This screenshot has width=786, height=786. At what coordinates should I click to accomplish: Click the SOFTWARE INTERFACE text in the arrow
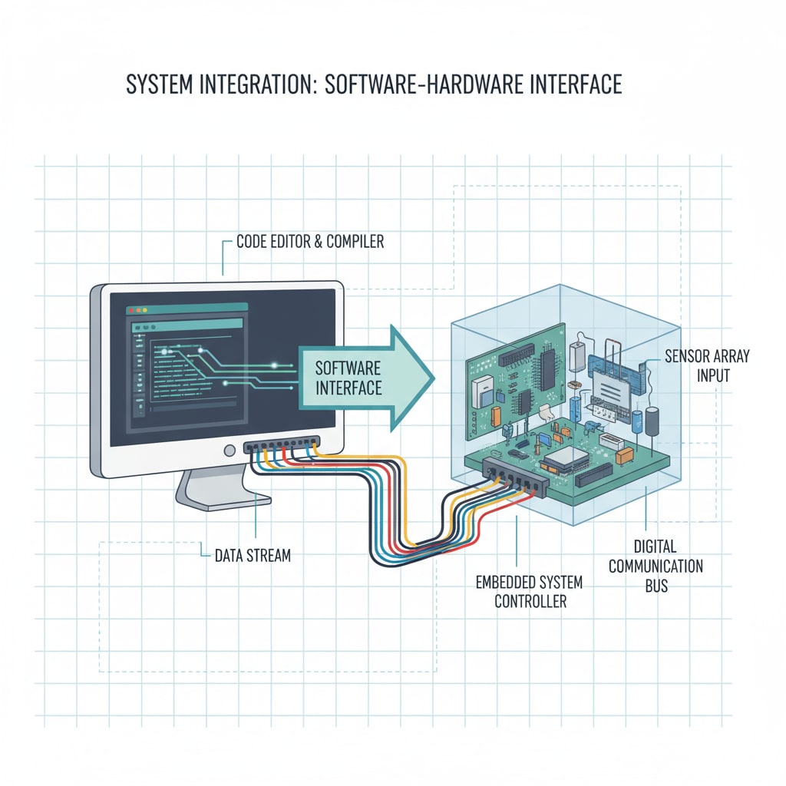tap(348, 377)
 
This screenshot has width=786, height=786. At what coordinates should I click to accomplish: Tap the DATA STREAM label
tap(253, 554)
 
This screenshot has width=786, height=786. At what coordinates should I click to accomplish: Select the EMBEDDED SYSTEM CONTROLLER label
tap(530, 591)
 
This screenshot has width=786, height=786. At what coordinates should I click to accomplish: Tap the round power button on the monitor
tap(228, 451)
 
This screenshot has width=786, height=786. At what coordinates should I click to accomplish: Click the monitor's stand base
tap(223, 500)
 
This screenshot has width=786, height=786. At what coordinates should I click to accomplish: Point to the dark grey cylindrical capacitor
tap(652, 421)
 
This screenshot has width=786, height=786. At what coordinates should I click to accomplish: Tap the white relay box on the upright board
tap(482, 391)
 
